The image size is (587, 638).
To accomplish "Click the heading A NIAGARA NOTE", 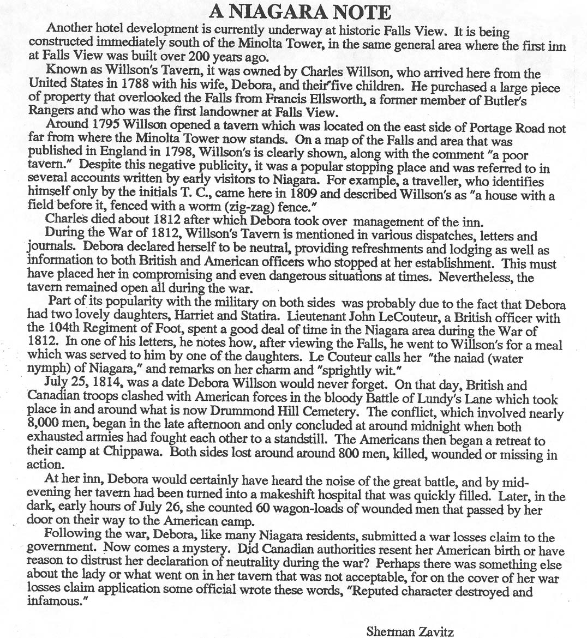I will [300, 11].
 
